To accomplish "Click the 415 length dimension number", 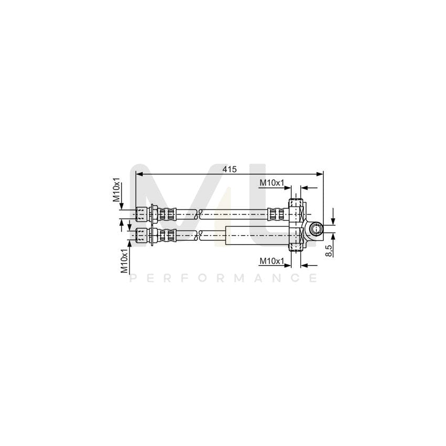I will coord(229,169).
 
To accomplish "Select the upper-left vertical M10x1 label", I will coord(117,189).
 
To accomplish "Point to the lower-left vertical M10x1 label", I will coord(124,261).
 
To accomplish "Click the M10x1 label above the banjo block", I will coord(273,183).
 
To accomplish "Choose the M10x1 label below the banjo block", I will coord(272,261).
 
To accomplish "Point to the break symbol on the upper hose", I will coord(198,214).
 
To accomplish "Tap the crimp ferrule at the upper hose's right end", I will coord(274,214).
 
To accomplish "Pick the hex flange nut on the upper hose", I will coord(153,214).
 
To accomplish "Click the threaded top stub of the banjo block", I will coord(296,202).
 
